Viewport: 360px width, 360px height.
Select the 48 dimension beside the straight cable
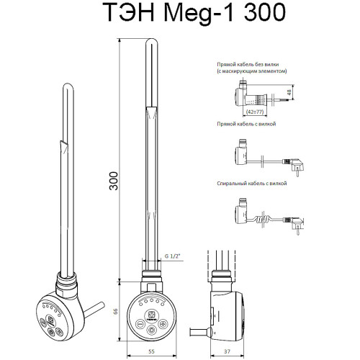click(x=289, y=91)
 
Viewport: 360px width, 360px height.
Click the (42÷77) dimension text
click(x=255, y=112)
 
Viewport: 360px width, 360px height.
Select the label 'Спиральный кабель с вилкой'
click(x=251, y=184)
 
